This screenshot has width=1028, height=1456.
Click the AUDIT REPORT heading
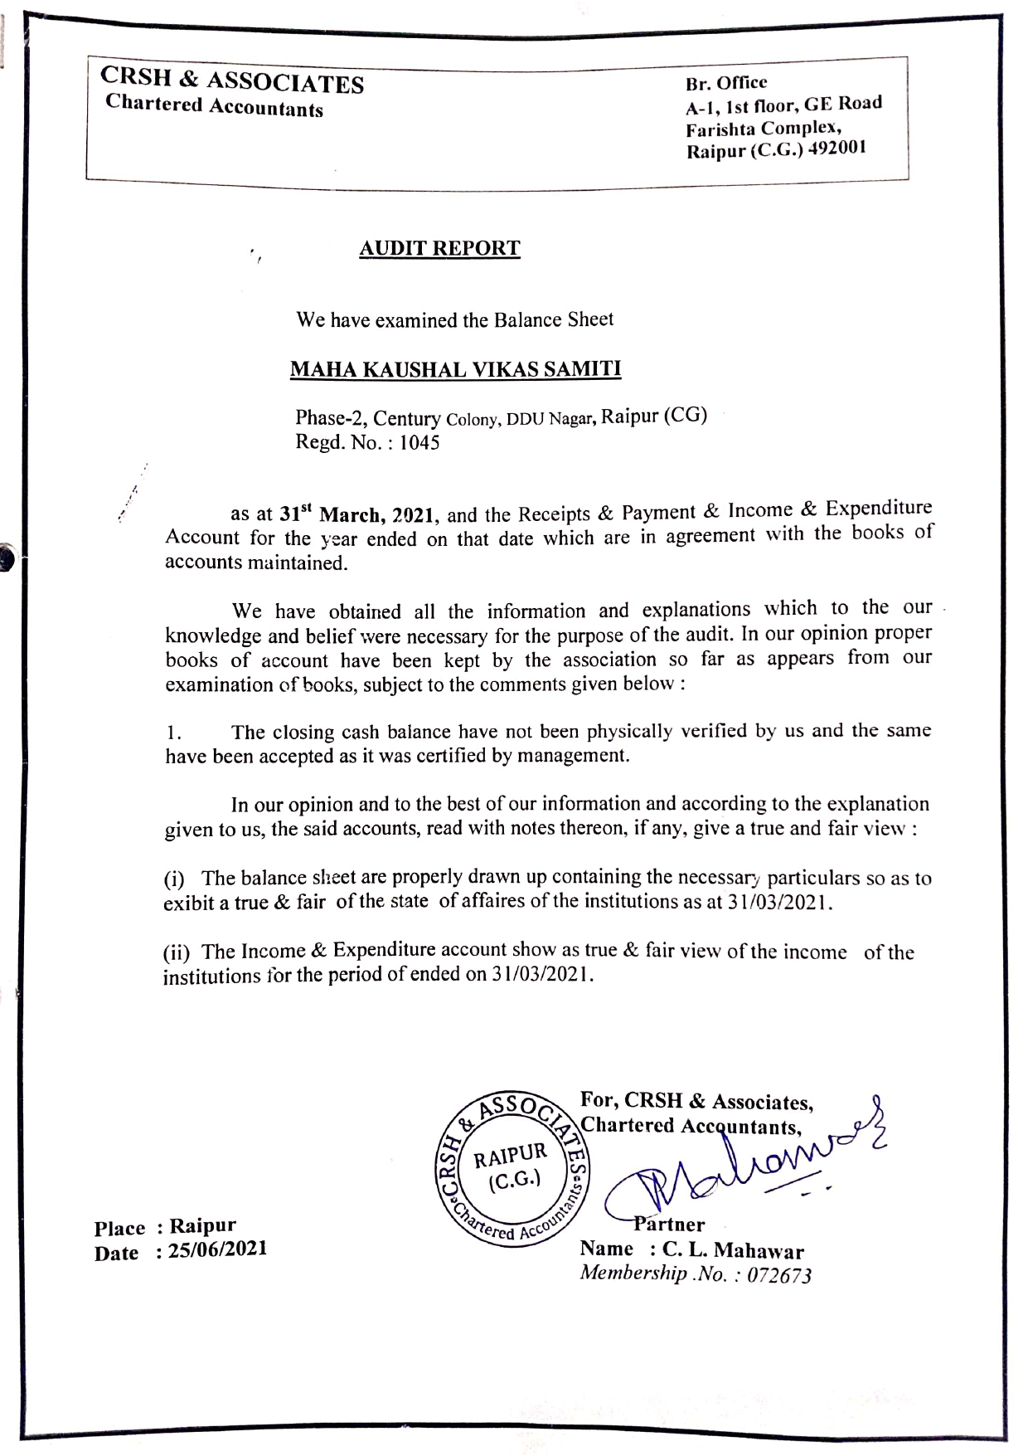pyautogui.click(x=439, y=248)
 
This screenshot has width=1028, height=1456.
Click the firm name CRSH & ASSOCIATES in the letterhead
pyautogui.click(x=232, y=81)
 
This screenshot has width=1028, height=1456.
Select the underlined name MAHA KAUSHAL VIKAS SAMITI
pyautogui.click(x=455, y=368)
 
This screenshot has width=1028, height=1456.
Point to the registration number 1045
pyautogui.click(x=419, y=442)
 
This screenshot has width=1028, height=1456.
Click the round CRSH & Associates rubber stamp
pyautogui.click(x=512, y=1170)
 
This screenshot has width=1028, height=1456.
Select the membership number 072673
pyautogui.click(x=778, y=1275)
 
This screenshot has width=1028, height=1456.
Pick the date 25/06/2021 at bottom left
pyautogui.click(x=217, y=1249)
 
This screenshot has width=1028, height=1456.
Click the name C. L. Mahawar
pyautogui.click(x=733, y=1250)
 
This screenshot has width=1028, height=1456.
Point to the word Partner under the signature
pyautogui.click(x=670, y=1225)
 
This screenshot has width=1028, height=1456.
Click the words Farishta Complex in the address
pyautogui.click(x=764, y=128)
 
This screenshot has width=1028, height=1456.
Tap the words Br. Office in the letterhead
pyautogui.click(x=726, y=83)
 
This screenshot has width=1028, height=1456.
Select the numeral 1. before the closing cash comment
pyautogui.click(x=172, y=733)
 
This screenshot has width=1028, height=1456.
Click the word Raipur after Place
pyautogui.click(x=203, y=1225)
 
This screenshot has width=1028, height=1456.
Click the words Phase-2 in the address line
pyautogui.click(x=330, y=419)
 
